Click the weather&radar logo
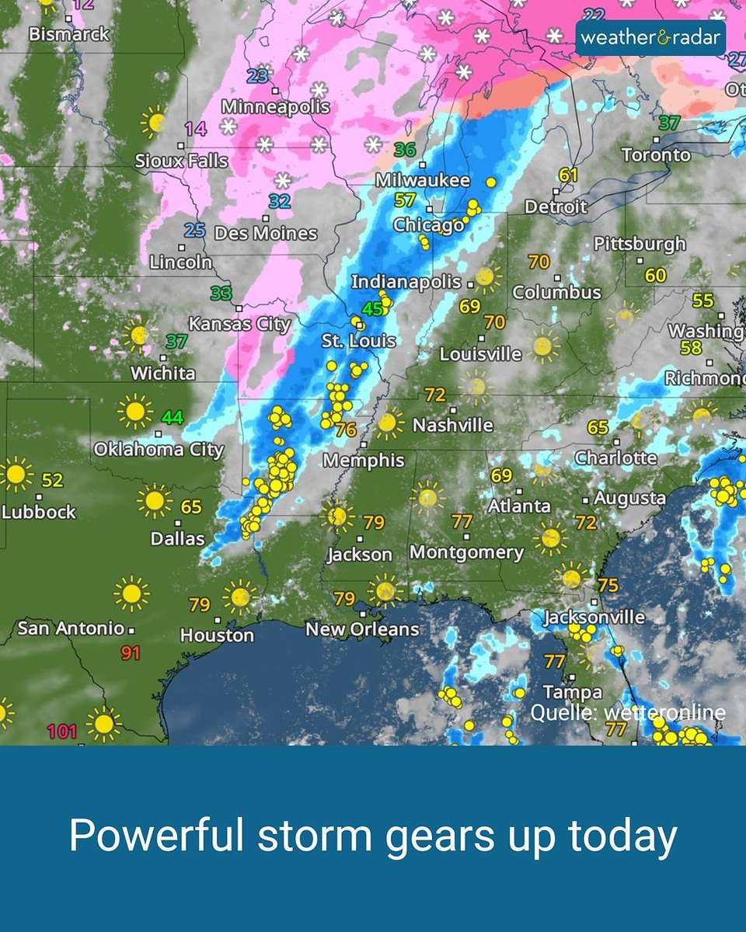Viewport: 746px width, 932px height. pyautogui.click(x=650, y=37)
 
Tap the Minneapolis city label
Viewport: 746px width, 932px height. pyautogui.click(x=275, y=107)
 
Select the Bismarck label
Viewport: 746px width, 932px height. pyautogui.click(x=69, y=34)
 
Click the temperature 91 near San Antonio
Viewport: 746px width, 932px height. pyautogui.click(x=130, y=653)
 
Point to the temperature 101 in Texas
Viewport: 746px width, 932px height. pyautogui.click(x=62, y=731)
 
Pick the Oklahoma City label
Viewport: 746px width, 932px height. pyautogui.click(x=159, y=449)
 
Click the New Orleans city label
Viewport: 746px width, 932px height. pyautogui.click(x=362, y=629)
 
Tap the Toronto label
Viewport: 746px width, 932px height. pyautogui.click(x=656, y=155)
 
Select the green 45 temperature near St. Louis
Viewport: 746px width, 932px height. pyautogui.click(x=373, y=308)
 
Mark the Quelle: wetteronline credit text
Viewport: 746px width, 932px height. pyautogui.click(x=628, y=713)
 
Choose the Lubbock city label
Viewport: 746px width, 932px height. pyautogui.click(x=39, y=512)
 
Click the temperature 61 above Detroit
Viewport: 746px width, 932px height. pyautogui.click(x=569, y=176)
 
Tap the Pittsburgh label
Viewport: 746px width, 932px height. pyautogui.click(x=640, y=244)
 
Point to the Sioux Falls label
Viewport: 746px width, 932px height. pyautogui.click(x=181, y=162)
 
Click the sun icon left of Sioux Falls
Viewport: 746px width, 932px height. pyautogui.click(x=155, y=122)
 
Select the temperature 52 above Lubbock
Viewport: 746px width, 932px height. pyautogui.click(x=52, y=481)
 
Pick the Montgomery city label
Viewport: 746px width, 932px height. pyautogui.click(x=466, y=552)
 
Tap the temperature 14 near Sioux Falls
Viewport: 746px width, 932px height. pyautogui.click(x=196, y=129)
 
